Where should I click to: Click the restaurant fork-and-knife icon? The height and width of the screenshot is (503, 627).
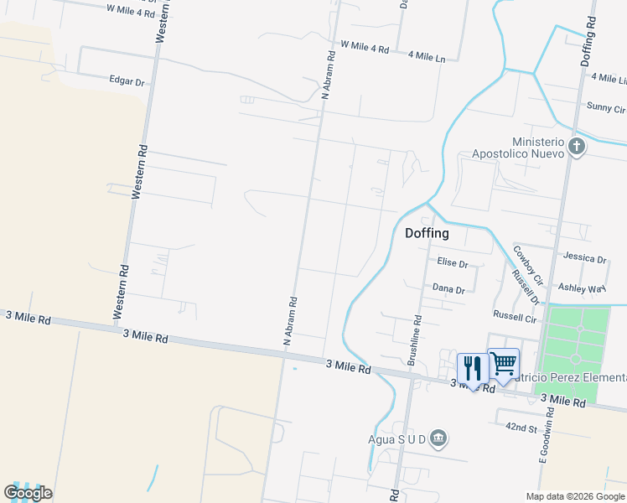[x=472, y=366]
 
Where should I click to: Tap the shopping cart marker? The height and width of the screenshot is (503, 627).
[x=503, y=363]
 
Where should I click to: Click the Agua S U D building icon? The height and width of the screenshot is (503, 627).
[x=438, y=438]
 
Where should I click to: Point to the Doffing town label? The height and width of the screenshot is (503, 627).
[x=427, y=233]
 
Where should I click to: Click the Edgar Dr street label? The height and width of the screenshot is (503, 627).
[x=127, y=81]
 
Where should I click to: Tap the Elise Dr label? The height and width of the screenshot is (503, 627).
[x=452, y=262]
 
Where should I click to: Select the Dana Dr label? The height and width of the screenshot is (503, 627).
[x=448, y=289]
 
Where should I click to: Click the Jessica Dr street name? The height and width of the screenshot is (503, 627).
[x=584, y=258]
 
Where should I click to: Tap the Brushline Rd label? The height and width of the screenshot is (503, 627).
[x=412, y=340]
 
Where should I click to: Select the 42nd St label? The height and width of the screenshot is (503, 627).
[x=521, y=427]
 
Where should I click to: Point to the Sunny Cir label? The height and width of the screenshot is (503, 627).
[x=606, y=108]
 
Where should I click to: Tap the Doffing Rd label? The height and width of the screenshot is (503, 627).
[x=588, y=44]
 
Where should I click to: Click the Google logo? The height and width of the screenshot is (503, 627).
[x=28, y=493]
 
